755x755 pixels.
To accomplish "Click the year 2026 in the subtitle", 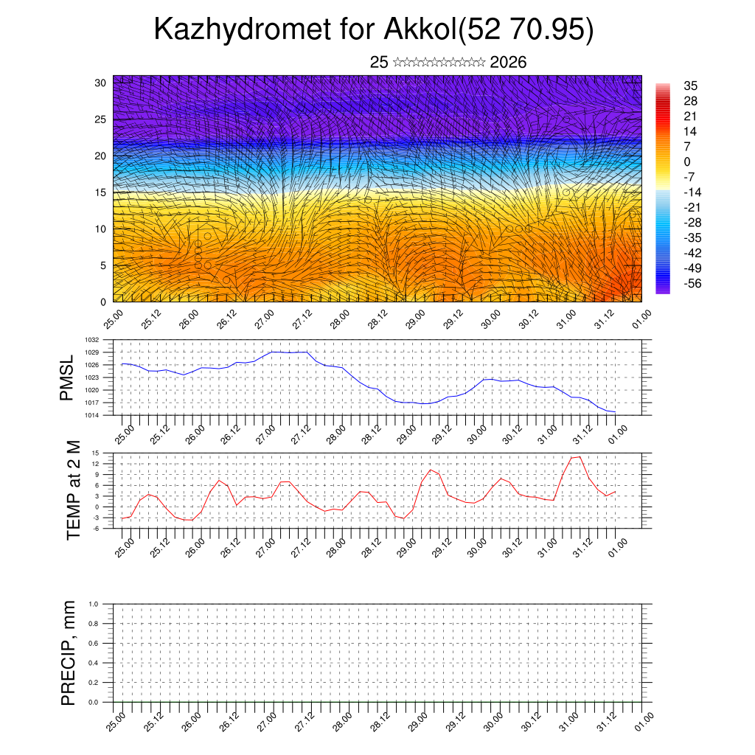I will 508,63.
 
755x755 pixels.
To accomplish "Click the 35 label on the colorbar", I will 691,86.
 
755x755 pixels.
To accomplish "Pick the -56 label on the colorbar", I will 694,284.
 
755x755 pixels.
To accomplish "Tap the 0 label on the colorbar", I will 687,162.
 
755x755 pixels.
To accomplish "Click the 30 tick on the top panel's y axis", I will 100,83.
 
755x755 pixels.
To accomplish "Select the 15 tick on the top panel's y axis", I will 100,192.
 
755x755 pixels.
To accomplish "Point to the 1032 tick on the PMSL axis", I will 92,340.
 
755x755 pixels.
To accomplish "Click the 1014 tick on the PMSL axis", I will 92,415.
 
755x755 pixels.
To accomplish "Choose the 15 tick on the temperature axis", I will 96,453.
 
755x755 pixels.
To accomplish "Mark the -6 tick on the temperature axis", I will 96,529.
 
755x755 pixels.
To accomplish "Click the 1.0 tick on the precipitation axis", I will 94,604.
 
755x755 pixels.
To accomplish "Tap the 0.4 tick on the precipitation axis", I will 94,663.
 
